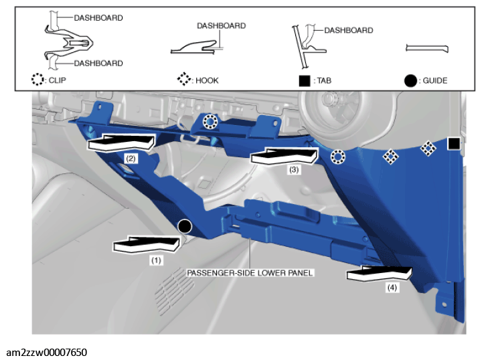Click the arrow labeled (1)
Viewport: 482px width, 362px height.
pyautogui.click(x=147, y=244)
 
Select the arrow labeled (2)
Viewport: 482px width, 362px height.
pyautogui.click(x=120, y=143)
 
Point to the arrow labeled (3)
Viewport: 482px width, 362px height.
pyautogui.click(x=284, y=156)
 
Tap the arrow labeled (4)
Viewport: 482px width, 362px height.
pyautogui.click(x=380, y=274)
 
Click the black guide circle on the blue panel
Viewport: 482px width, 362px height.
pyautogui.click(x=185, y=227)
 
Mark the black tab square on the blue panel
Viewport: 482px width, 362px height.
pyautogui.click(x=454, y=143)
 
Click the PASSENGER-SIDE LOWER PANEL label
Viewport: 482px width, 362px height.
pyautogui.click(x=250, y=273)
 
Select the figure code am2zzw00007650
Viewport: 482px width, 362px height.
pyautogui.click(x=46, y=352)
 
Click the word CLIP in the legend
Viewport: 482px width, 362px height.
pyautogui.click(x=57, y=80)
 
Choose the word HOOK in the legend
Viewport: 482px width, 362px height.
pyautogui.click(x=207, y=81)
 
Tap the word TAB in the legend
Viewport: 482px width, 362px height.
pyautogui.click(x=324, y=81)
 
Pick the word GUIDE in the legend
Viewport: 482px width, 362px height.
pyautogui.click(x=435, y=81)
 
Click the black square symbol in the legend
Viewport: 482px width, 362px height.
pyautogui.click(x=305, y=81)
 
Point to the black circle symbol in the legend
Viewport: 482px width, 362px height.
pyautogui.click(x=410, y=81)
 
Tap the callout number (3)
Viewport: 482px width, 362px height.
pyautogui.click(x=294, y=170)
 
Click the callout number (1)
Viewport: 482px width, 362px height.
pyautogui.click(x=156, y=260)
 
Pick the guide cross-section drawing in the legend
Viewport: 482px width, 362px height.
pyautogui.click(x=427, y=48)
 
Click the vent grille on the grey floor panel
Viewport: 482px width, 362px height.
pyautogui.click(x=175, y=290)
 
